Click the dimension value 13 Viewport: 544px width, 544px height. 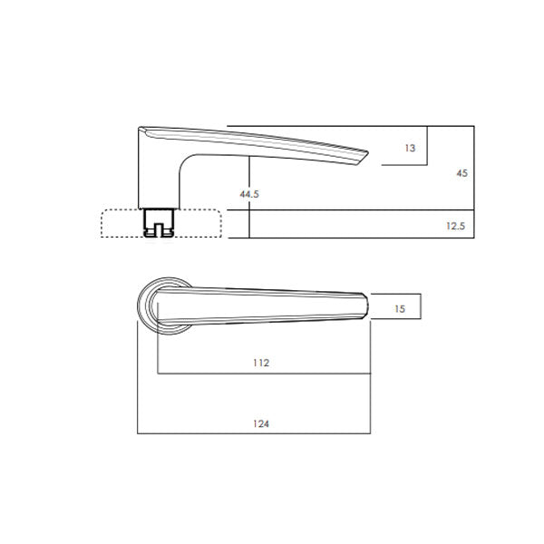pos(411,148)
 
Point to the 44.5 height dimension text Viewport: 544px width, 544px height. pos(249,194)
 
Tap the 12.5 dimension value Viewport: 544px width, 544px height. pos(455,226)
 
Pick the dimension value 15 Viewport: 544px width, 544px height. pos(400,309)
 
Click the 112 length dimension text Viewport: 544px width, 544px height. pos(261,363)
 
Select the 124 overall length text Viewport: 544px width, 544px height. pos(261,423)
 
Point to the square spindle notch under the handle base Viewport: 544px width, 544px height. pos(159,224)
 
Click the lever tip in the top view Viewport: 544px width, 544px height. pos(365,307)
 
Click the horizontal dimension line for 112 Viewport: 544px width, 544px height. pos(263,374)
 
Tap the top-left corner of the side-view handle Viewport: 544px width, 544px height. pos(140,128)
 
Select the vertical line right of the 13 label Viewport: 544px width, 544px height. pos(426,146)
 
